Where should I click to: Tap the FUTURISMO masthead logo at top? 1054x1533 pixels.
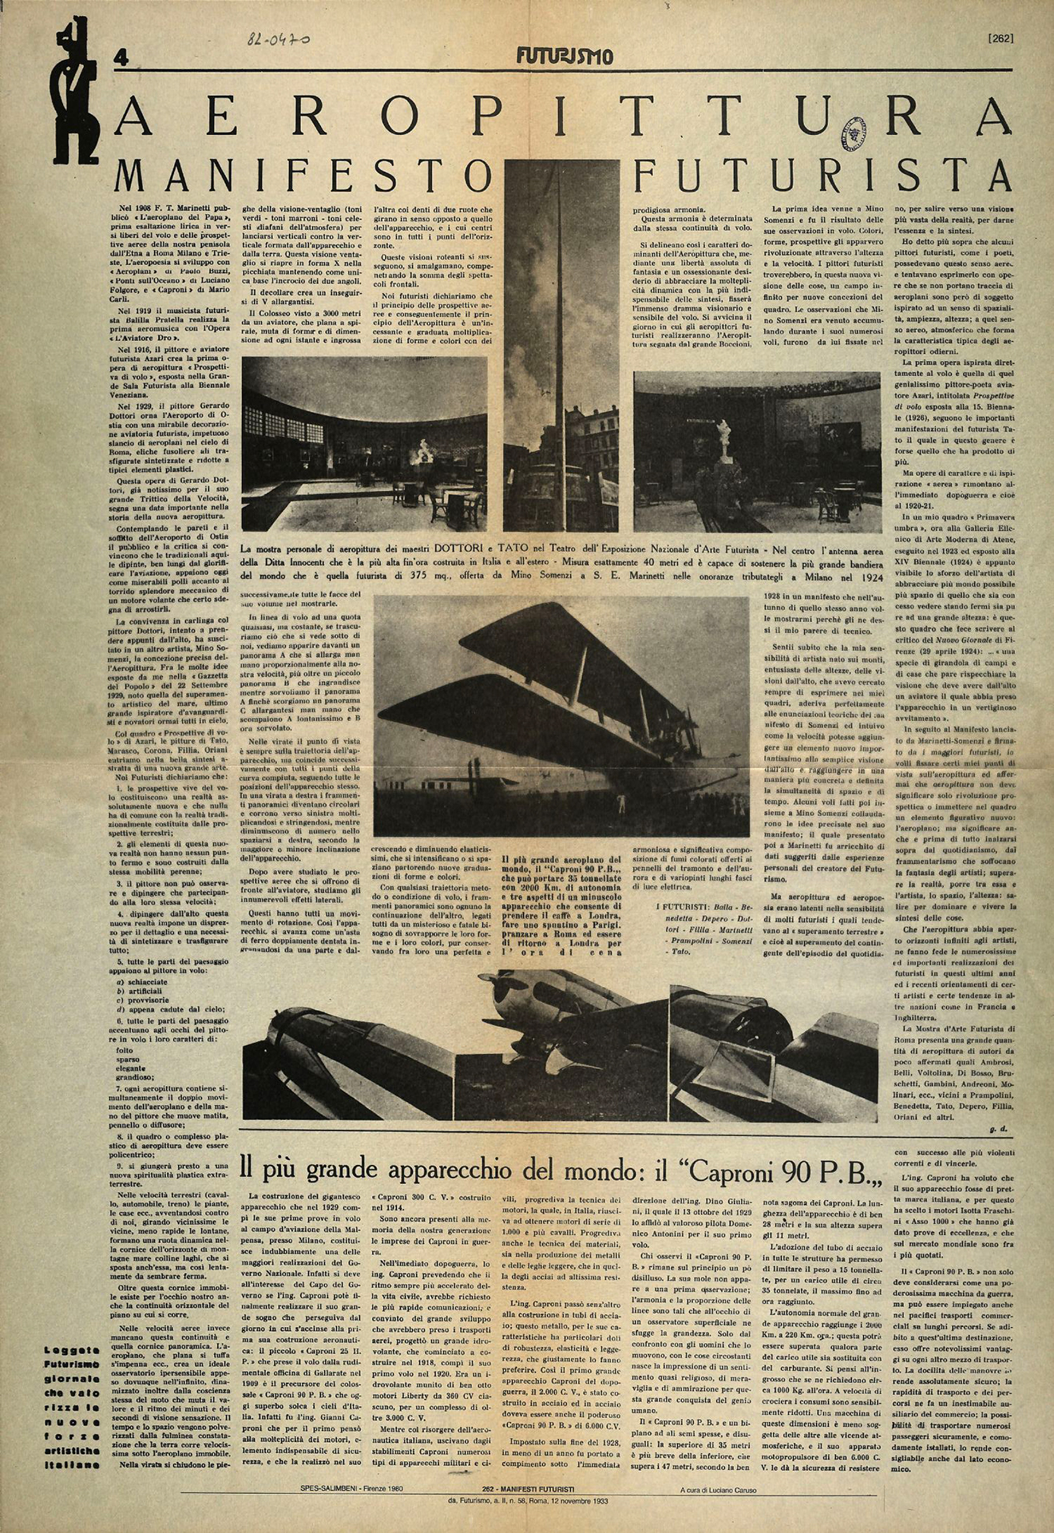[565, 56]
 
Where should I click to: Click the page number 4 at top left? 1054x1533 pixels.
[121, 57]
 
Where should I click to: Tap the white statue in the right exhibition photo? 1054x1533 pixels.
[725, 440]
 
